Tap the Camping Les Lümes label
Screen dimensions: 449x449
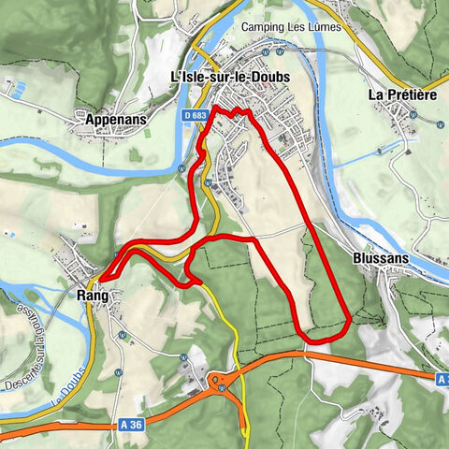[293, 28]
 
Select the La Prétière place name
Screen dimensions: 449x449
[403, 94]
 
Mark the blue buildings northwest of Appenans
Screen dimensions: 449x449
[15, 88]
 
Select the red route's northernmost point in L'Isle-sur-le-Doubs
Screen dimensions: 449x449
[216, 109]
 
